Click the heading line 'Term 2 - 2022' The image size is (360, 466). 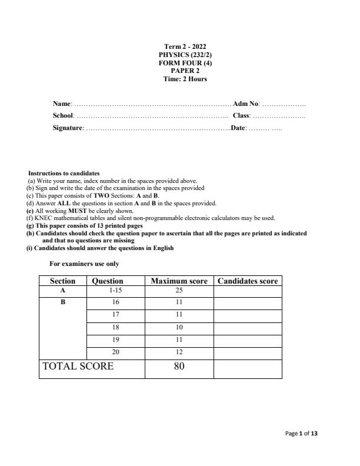pos(185,46)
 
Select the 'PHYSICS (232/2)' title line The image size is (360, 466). pos(185,54)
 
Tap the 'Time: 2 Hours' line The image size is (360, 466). pos(185,79)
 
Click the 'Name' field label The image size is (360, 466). pos(62,104)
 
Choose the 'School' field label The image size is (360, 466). pos(64,116)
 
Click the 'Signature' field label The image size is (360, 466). pos(68,128)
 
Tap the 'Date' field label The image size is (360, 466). pos(238,128)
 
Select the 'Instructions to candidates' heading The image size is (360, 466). pos(64,174)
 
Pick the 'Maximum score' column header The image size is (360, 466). pos(179,281)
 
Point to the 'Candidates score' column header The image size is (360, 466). pos(248,281)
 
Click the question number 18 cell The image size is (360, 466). pos(115,327)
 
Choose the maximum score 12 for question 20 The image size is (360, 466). pos(179,352)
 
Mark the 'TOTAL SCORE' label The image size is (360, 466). pos(78,366)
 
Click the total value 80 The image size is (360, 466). pos(179,366)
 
